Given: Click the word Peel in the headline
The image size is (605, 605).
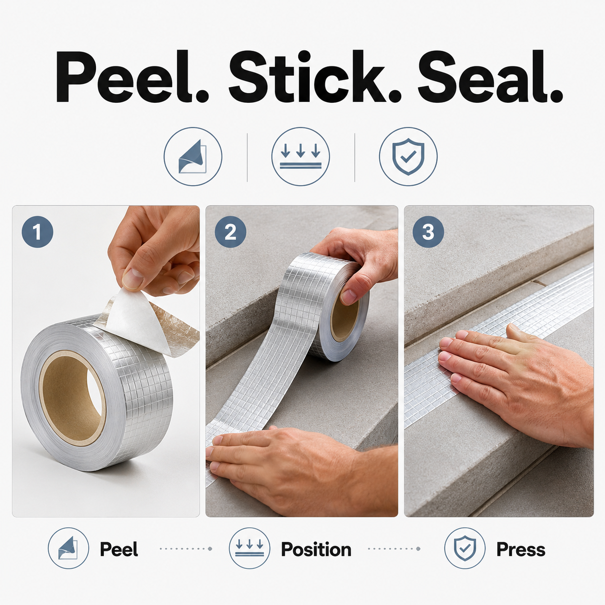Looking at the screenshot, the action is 132,76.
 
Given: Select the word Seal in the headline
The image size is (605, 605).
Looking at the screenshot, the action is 490,76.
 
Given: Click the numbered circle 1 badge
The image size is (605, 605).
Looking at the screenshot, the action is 37,232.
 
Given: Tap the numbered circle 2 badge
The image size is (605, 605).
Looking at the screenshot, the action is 231,232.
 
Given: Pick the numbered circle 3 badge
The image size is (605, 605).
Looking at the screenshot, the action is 428,232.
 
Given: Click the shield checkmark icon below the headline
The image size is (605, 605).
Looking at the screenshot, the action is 408,156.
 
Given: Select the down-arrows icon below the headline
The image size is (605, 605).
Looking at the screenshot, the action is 301,156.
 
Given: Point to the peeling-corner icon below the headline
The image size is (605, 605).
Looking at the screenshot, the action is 193,156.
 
